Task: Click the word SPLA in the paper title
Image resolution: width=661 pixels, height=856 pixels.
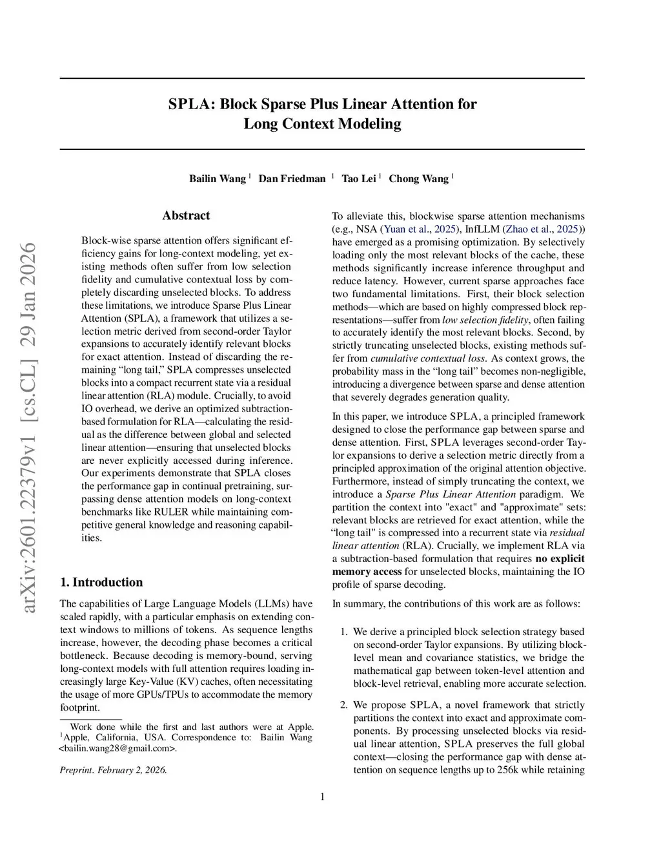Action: coord(190,105)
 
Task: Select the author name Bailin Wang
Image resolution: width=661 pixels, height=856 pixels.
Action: coord(218,179)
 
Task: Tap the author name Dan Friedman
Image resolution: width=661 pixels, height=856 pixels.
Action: coord(292,179)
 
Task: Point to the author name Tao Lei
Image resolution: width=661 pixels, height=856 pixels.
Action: coord(359,179)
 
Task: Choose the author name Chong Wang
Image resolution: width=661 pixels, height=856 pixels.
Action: coord(418,179)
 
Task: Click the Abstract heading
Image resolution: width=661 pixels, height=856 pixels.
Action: coord(186,216)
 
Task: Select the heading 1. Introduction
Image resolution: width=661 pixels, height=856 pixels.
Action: coord(101,582)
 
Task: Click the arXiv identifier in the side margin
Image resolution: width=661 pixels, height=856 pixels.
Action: coord(29,427)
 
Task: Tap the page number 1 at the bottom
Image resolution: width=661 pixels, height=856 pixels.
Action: coord(322,797)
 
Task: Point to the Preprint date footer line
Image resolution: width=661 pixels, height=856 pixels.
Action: coord(114,770)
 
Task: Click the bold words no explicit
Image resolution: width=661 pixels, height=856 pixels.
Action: coord(560,559)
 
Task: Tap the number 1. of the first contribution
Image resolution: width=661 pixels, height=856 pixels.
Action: coord(344,632)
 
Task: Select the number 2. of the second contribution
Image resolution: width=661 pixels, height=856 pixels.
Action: coord(344,705)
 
